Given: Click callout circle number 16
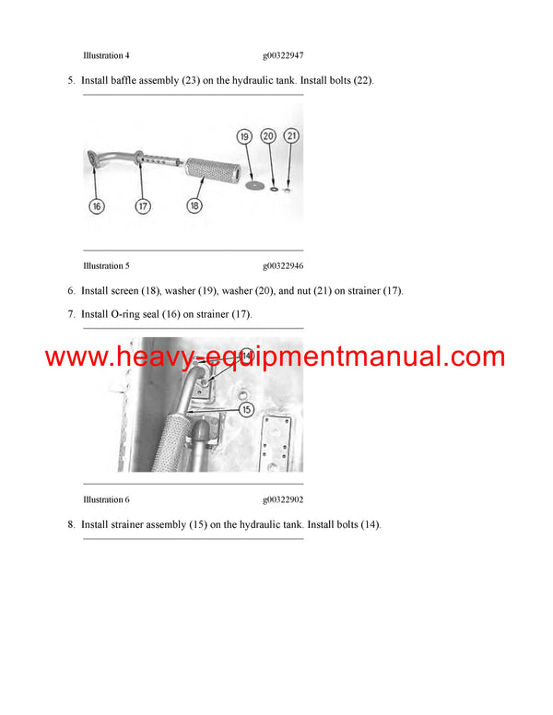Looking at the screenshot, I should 97,206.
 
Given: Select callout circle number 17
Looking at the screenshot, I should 143,206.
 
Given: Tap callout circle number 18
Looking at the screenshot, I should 194,206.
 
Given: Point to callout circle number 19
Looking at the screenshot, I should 245,136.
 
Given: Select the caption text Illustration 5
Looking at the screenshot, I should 106,266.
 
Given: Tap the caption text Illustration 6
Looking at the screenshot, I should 106,499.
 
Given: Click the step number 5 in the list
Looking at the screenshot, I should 71,80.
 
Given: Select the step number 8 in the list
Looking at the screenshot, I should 71,525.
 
